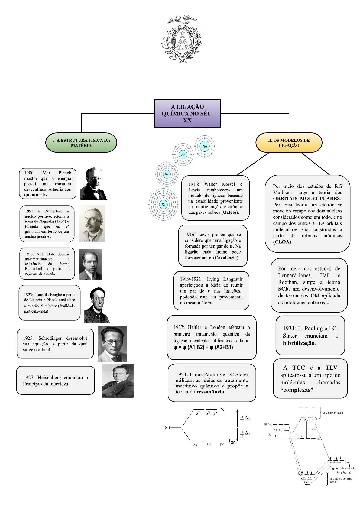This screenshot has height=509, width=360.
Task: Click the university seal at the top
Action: point(181,39)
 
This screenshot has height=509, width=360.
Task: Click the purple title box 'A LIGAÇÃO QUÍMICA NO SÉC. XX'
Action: point(187,113)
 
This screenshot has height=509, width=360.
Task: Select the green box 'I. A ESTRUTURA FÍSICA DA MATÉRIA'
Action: point(81,143)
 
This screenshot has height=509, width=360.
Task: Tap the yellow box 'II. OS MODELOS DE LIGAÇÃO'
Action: point(289,143)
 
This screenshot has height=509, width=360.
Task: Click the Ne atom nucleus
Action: point(205,146)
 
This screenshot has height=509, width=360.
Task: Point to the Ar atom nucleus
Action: point(183,154)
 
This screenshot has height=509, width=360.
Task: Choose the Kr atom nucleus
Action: point(167,174)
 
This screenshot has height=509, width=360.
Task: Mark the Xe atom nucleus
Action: point(164,205)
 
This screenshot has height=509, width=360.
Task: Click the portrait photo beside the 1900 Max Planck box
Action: point(94,183)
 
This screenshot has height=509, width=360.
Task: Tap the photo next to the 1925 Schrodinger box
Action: point(112,344)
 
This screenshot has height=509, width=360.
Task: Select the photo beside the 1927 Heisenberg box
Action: point(118,381)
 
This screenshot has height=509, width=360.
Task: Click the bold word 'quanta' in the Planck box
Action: point(31,195)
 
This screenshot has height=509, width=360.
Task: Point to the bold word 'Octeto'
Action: point(230,212)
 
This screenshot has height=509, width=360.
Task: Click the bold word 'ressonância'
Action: point(210,392)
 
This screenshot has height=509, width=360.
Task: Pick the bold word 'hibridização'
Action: point(299,343)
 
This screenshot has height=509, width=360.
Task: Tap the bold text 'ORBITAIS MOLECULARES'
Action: point(306,198)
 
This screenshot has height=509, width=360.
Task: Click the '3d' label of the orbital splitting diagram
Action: point(167,428)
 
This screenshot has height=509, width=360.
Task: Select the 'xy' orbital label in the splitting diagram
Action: point(196,444)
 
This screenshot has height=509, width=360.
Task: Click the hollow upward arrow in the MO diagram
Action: point(306,429)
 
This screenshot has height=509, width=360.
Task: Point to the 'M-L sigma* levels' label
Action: point(333,413)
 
